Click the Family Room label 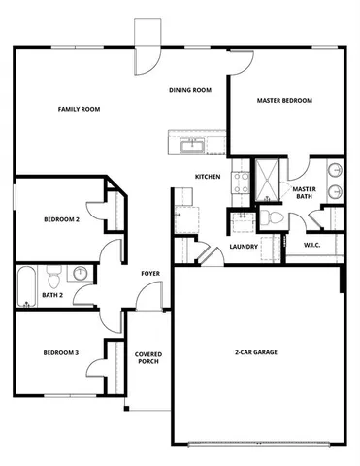pyautogui.click(x=80, y=109)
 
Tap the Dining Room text pyautogui.click(x=189, y=90)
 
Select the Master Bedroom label pyautogui.click(x=284, y=100)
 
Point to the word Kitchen pyautogui.click(x=208, y=176)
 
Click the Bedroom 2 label pyautogui.click(x=61, y=220)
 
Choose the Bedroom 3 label pyautogui.click(x=61, y=352)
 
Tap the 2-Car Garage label pyautogui.click(x=256, y=351)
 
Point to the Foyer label pyautogui.click(x=150, y=274)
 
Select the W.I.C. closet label pyautogui.click(x=311, y=246)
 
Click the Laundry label pyautogui.click(x=243, y=247)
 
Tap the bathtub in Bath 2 pyautogui.click(x=25, y=283)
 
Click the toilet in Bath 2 pyautogui.click(x=56, y=273)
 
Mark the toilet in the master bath pyautogui.click(x=276, y=217)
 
